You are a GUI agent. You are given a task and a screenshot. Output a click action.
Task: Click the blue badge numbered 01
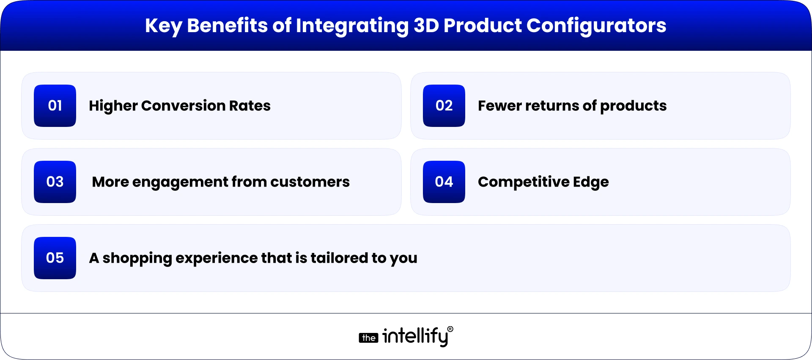55,106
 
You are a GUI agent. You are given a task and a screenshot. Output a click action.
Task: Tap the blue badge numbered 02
444,106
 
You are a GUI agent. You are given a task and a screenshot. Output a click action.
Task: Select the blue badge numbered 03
55,182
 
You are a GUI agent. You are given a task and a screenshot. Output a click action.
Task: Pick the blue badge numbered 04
444,182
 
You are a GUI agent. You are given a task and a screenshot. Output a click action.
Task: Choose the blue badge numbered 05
55,258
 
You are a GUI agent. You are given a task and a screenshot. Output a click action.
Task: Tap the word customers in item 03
310,182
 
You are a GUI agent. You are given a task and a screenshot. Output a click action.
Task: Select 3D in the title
426,25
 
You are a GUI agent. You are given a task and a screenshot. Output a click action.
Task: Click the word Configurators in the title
596,26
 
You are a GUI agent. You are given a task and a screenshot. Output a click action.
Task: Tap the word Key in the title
163,26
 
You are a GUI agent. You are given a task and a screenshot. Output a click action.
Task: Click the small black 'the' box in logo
368,338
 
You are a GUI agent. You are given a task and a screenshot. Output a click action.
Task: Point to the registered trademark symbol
450,329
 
